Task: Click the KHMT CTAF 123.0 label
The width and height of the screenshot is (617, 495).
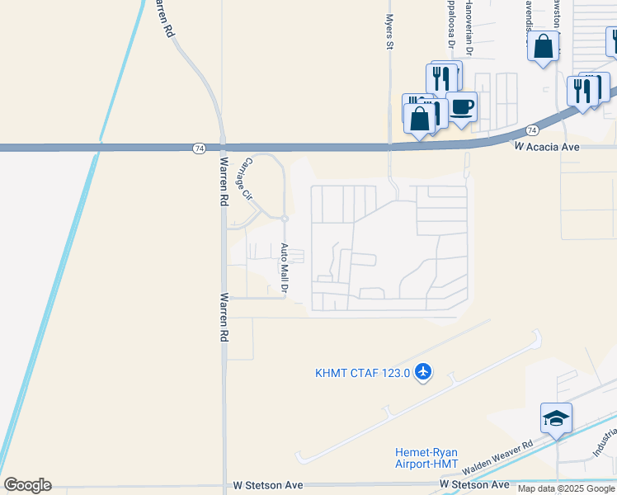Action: click(362, 373)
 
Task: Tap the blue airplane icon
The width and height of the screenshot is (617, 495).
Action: click(424, 373)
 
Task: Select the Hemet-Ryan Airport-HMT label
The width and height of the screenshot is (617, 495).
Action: click(426, 458)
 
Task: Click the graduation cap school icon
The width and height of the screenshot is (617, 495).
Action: click(556, 418)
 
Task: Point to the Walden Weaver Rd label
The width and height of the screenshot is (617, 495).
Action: click(498, 456)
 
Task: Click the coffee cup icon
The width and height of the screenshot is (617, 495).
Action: click(461, 107)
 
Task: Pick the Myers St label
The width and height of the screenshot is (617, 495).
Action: click(389, 31)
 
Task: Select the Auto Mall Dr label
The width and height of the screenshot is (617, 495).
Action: click(284, 269)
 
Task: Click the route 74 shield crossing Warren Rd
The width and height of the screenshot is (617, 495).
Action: click(200, 148)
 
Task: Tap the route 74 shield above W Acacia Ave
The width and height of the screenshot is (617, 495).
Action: click(532, 130)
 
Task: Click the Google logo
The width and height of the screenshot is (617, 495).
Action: click(27, 485)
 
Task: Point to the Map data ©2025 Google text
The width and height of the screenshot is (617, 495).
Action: click(566, 489)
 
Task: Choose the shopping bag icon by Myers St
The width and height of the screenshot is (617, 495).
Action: click(420, 119)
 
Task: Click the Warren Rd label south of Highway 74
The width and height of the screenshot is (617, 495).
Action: click(224, 317)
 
